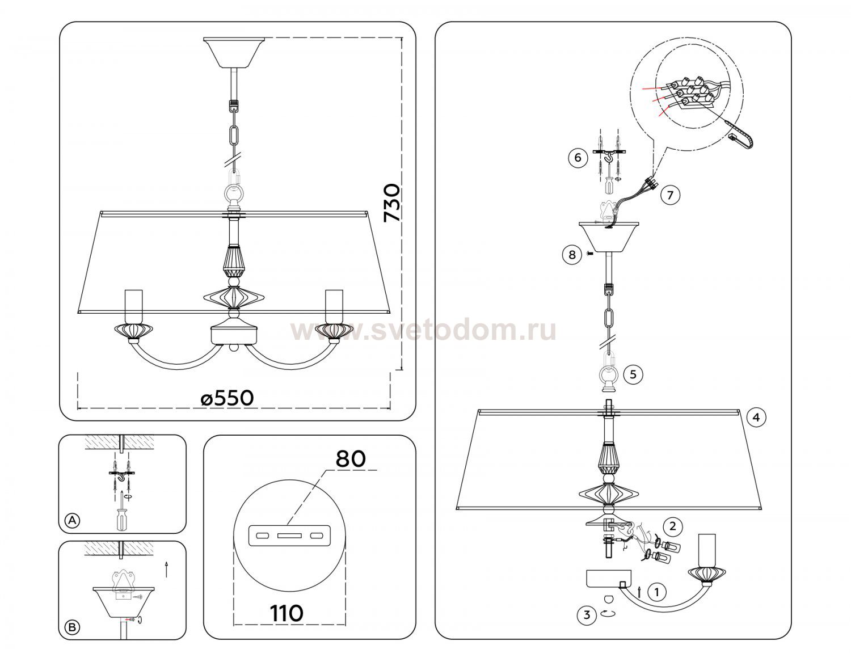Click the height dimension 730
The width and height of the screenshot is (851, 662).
(391, 203)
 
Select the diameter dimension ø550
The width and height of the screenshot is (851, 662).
(227, 398)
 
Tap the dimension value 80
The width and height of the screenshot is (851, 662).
(351, 459)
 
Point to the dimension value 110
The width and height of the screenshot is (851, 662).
(287, 613)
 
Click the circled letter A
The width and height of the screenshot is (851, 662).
(72, 520)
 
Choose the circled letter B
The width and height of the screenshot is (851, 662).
(72, 627)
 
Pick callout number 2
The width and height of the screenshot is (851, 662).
(673, 526)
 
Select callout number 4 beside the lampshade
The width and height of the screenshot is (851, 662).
(756, 418)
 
